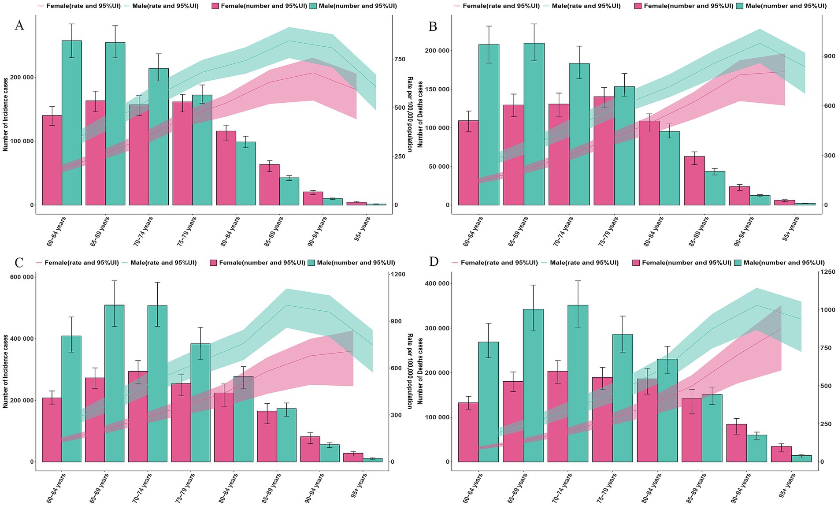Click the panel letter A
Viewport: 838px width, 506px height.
tap(19, 26)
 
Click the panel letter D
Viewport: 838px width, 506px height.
tap(434, 262)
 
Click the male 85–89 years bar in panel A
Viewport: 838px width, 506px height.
tap(289, 191)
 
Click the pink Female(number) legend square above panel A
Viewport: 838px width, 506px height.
tap(215, 6)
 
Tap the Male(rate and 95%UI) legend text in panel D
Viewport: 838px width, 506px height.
tap(584, 263)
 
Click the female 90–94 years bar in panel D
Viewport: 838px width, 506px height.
tap(736, 443)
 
